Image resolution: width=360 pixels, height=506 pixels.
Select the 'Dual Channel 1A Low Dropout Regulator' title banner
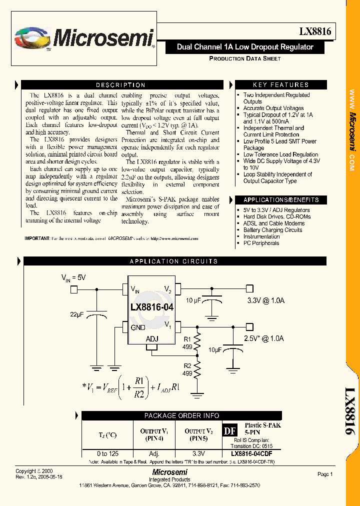tap(245, 47)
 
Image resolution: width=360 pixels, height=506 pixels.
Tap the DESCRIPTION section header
tap(120, 85)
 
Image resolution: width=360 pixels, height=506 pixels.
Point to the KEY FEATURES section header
tap(280, 85)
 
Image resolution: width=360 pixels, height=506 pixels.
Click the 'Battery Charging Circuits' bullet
tap(272, 230)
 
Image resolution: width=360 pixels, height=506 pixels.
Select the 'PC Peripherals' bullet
tap(261, 243)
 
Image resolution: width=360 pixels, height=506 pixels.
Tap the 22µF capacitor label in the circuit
tap(77, 314)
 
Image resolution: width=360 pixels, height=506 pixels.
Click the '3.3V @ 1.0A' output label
tap(266, 300)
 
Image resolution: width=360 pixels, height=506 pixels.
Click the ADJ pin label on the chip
tap(151, 339)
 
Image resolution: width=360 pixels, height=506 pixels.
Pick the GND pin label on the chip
tap(138, 327)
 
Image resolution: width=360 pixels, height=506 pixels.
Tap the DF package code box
tap(229, 431)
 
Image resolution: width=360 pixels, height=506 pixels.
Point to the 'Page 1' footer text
tap(325, 474)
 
